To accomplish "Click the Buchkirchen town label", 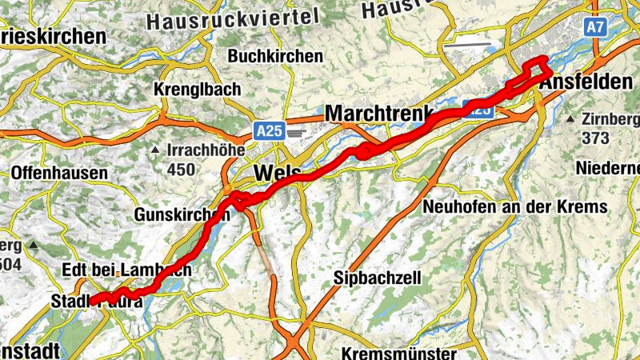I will [275, 57].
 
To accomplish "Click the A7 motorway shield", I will [594, 27].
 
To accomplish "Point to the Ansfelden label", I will [581, 82].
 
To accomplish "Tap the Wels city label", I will [277, 174].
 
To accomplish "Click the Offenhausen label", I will [59, 173].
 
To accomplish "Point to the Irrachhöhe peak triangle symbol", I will [155, 150].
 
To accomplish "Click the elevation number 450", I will [181, 169].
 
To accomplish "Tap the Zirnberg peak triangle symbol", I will [570, 119].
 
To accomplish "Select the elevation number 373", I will [596, 138].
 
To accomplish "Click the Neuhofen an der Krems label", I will [515, 207].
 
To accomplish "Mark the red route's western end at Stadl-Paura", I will [92, 301].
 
